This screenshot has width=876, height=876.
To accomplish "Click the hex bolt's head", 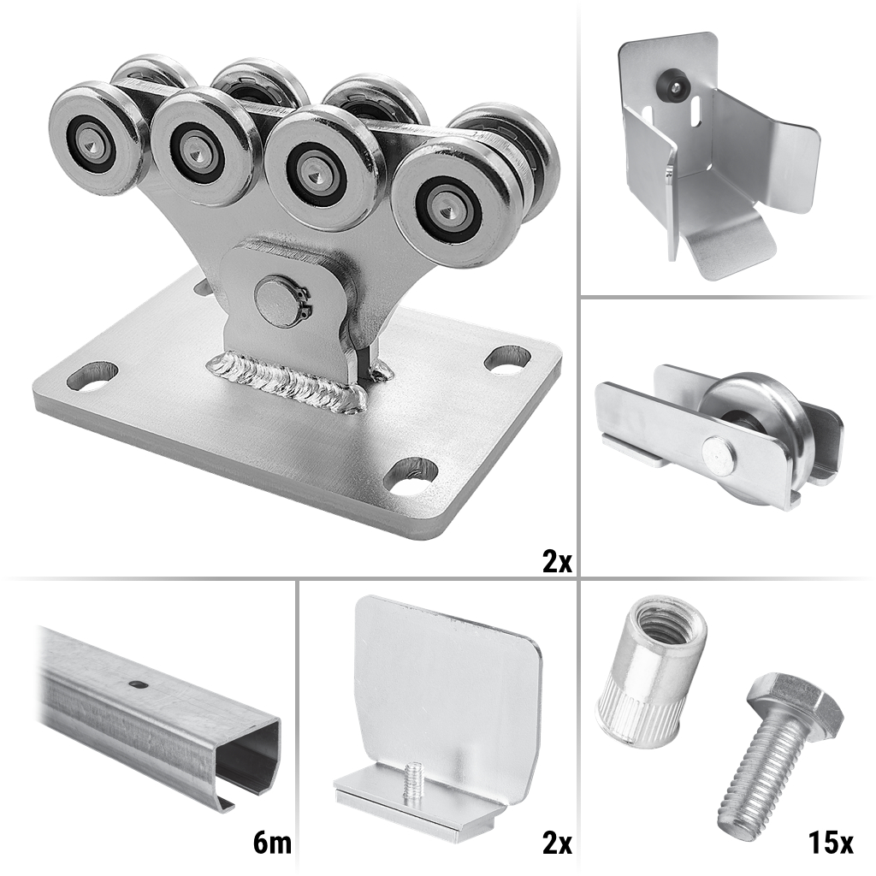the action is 793,699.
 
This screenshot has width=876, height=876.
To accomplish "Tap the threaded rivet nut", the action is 650,672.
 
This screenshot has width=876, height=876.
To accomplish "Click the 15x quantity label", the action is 830,843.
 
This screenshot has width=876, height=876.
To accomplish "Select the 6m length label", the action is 271,843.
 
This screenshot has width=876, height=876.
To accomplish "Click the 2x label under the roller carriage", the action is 557,561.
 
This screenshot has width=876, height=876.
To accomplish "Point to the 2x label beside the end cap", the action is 557,843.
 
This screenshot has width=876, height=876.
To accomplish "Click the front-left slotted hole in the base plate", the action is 92,376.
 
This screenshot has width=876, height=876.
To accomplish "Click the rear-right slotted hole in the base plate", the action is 507,358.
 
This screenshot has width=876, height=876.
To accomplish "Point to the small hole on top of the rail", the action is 136,684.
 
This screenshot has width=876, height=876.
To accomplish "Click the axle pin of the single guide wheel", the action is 719,453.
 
